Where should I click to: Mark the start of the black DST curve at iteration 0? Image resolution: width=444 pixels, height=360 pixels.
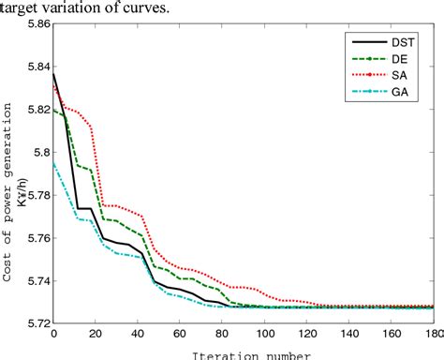coord(54,74)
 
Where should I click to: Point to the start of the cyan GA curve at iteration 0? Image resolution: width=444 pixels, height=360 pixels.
coord(54,161)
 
